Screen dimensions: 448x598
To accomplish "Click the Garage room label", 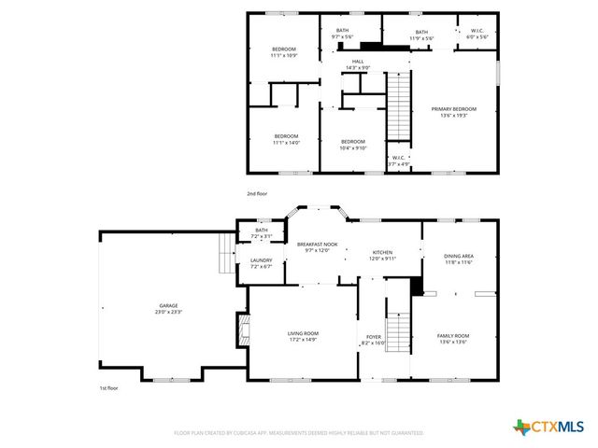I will point(167,309).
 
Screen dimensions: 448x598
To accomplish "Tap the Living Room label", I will point(303,336).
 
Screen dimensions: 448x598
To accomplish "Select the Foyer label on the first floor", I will point(374,339).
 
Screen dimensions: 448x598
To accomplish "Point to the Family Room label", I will point(453,339).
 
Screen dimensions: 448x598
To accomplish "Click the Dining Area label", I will point(458,259).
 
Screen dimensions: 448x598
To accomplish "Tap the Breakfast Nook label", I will point(316,246).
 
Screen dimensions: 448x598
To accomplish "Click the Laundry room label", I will point(261,262).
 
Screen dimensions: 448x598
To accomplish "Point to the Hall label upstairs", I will point(332,63).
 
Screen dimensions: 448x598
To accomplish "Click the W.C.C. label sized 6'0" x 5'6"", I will point(477,34).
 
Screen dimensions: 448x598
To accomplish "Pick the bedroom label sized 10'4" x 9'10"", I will point(352,144).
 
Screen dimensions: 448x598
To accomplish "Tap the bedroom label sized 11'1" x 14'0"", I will point(285,139).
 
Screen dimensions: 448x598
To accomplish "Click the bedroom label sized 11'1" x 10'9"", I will point(283,52).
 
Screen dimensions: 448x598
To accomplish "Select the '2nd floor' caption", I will point(257,193).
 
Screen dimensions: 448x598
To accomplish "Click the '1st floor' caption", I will point(109,387).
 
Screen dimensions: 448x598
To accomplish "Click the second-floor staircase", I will point(399,102).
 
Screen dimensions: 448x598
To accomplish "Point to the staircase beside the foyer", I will point(399,332).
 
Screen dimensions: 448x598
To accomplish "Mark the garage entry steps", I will point(225,253).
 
